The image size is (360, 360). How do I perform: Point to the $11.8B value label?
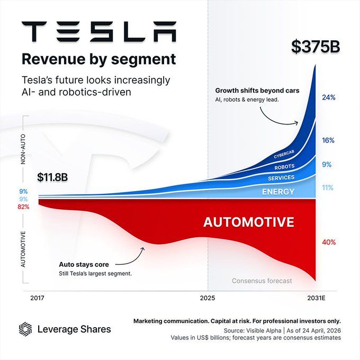(x=53, y=177)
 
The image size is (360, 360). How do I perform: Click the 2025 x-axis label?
(x=208, y=298)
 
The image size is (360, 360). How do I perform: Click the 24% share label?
(x=328, y=97)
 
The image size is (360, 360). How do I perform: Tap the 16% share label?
(x=328, y=140)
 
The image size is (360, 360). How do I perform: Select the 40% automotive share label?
(x=329, y=242)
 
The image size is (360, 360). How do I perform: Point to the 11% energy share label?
(x=328, y=187)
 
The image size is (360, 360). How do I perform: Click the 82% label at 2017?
(x=23, y=207)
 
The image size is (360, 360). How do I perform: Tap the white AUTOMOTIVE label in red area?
(x=248, y=222)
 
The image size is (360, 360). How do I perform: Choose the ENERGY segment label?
(x=278, y=191)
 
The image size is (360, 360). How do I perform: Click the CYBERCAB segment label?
(x=287, y=155)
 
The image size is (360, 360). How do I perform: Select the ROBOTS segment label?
(x=285, y=167)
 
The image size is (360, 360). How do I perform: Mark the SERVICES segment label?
(x=281, y=178)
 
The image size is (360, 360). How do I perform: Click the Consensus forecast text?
(x=262, y=281)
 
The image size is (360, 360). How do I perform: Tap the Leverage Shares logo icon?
(x=25, y=329)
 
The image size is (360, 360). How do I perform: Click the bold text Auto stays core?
(x=86, y=264)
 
